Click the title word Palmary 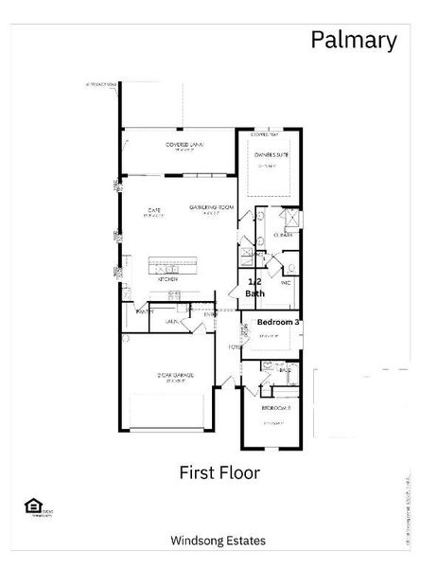click(354, 40)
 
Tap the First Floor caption click(219, 470)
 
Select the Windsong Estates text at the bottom click(218, 541)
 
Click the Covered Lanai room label click(185, 145)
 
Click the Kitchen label click(167, 279)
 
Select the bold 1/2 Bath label click(255, 288)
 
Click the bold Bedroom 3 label click(279, 323)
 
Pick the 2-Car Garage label click(176, 376)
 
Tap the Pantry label click(146, 311)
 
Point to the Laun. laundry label click(173, 321)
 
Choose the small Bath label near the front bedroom click(285, 370)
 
